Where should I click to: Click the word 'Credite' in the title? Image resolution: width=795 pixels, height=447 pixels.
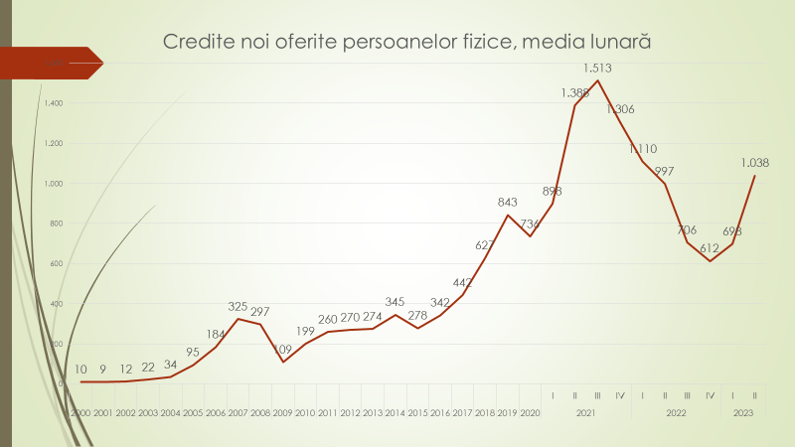click(x=194, y=43)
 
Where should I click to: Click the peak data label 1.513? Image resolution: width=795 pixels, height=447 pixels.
click(x=597, y=69)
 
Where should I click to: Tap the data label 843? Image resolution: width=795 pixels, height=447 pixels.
click(x=508, y=203)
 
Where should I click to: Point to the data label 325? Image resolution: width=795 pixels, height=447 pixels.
click(x=238, y=307)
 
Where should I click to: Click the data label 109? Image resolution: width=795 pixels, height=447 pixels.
click(x=282, y=349)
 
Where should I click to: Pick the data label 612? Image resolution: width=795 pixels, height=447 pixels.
click(x=709, y=248)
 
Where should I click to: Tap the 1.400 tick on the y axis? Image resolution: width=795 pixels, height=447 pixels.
click(x=53, y=103)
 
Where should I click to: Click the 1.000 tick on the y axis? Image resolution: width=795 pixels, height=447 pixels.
click(x=53, y=184)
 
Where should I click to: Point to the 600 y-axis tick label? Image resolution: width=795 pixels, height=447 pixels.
click(x=56, y=263)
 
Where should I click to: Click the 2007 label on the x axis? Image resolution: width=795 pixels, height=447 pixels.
click(x=238, y=412)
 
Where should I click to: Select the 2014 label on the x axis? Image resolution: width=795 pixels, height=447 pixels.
click(x=395, y=412)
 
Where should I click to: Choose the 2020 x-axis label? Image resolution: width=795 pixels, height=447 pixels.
click(x=530, y=412)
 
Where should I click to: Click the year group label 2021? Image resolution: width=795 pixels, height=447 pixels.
click(x=586, y=412)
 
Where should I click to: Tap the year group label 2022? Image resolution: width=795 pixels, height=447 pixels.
click(x=676, y=412)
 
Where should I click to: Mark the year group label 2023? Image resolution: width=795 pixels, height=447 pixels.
click(x=742, y=412)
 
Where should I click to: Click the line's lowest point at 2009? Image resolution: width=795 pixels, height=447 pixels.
click(x=283, y=361)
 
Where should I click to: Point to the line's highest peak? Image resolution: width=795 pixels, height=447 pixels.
click(x=597, y=80)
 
